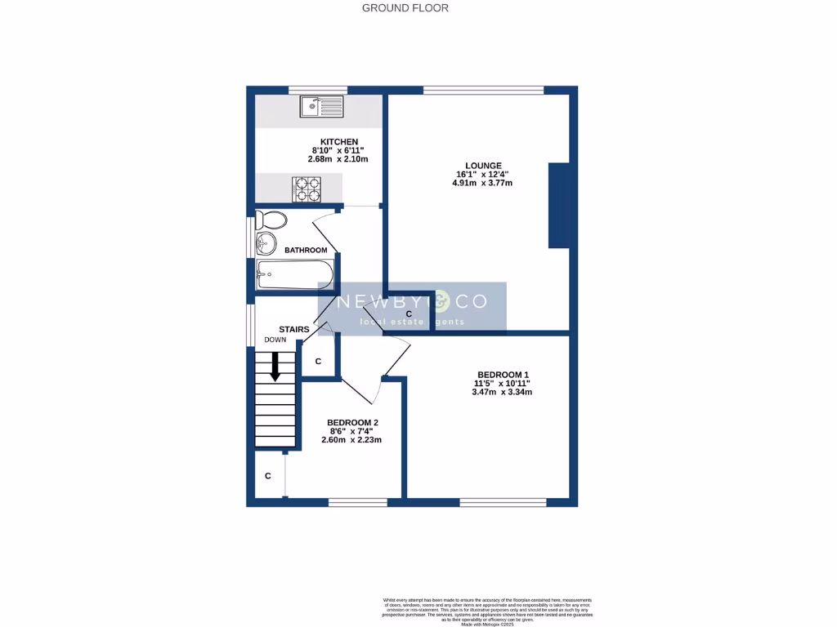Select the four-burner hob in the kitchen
point(306,189)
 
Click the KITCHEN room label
point(338,142)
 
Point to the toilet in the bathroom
point(271,220)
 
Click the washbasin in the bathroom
point(266,242)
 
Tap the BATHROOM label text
point(306,250)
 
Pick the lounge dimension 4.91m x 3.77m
point(481,183)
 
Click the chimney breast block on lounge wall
point(558,205)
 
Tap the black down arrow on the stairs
point(275,366)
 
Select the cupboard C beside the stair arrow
point(319,361)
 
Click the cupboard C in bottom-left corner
point(267,475)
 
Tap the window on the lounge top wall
point(483,90)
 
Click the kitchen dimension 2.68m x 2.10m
point(338,159)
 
